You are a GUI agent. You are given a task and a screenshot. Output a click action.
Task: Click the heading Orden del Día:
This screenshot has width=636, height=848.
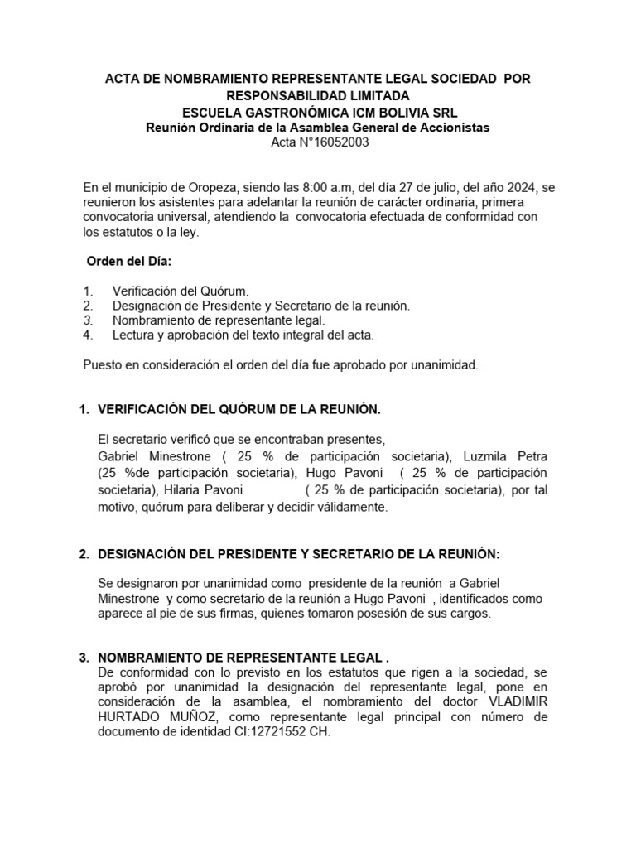click(128, 262)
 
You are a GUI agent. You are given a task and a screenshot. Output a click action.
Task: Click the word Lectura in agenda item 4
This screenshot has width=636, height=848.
click(134, 335)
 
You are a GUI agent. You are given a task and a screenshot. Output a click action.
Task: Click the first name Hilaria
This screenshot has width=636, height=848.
click(186, 490)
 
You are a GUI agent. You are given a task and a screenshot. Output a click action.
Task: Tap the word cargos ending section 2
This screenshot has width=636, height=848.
click(469, 614)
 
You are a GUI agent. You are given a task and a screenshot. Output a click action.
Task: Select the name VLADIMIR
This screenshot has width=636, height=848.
click(506, 701)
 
